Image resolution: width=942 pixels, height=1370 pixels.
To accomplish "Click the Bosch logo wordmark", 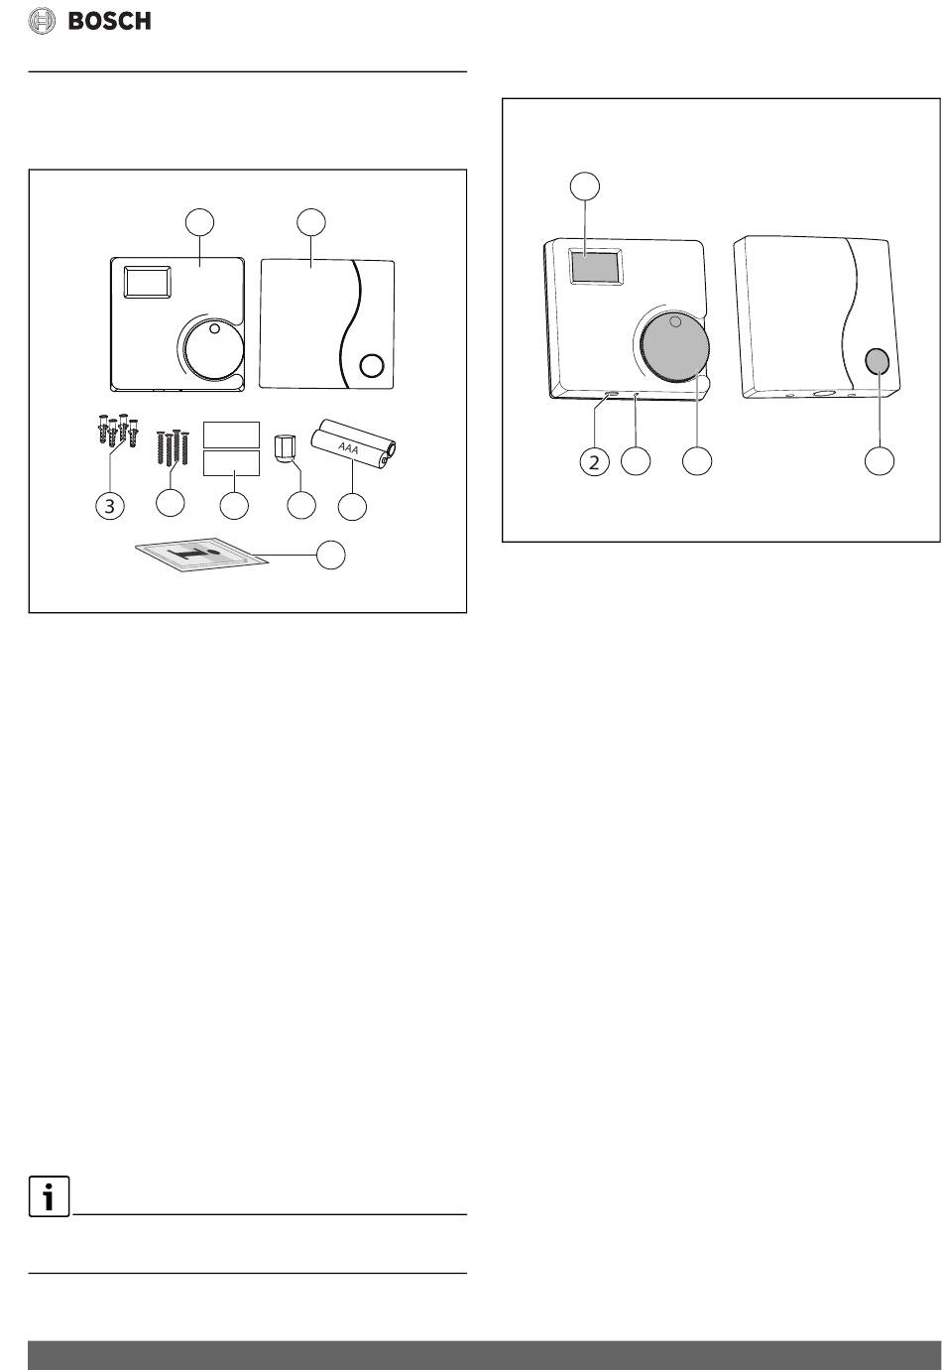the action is [109, 22].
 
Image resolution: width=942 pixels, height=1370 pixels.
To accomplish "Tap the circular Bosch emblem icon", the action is [42, 22].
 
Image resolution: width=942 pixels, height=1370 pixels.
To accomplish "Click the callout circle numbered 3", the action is [110, 506].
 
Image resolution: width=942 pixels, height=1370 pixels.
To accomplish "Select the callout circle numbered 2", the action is [594, 461].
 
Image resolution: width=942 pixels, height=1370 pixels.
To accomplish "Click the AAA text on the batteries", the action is [348, 448].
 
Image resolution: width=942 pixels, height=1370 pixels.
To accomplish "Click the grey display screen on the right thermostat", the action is [593, 265].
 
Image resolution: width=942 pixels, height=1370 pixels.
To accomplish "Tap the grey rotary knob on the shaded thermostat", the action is [674, 347].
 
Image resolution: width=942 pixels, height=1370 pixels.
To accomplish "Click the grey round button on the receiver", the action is [878, 361].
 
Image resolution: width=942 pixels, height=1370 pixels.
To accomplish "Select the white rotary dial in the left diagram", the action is [214, 351].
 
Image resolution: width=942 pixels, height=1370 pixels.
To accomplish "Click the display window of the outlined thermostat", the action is [148, 282].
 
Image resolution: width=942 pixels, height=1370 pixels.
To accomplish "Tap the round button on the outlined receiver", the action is [372, 365].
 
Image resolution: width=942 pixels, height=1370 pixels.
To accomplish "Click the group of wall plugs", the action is [117, 430].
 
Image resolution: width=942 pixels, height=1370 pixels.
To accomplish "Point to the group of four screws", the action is [173, 447].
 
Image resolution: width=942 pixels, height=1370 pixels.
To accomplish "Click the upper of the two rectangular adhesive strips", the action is [231, 435].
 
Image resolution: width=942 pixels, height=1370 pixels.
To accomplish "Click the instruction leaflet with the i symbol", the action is [201, 556].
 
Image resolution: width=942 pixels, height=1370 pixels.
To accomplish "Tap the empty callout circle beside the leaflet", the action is [331, 555].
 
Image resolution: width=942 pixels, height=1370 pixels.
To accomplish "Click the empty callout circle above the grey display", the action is [584, 186].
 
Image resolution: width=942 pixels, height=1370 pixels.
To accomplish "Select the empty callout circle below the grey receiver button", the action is [880, 460].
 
